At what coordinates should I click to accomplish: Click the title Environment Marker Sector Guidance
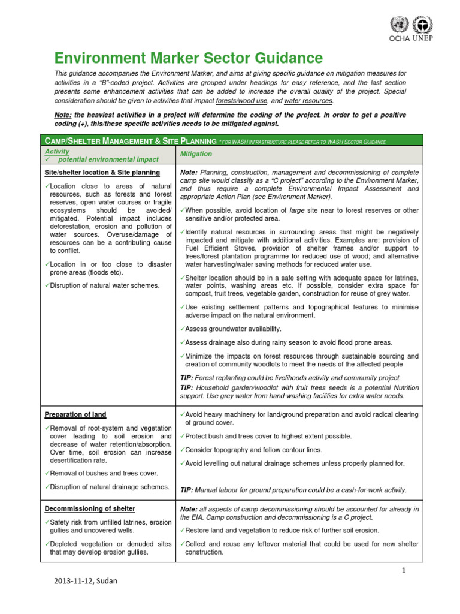(x=188, y=58)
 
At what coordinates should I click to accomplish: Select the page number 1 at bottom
(x=404, y=571)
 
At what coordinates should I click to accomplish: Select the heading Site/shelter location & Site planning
(x=102, y=173)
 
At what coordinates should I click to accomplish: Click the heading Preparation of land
(x=75, y=414)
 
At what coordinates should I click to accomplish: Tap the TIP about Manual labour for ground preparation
(x=293, y=490)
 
